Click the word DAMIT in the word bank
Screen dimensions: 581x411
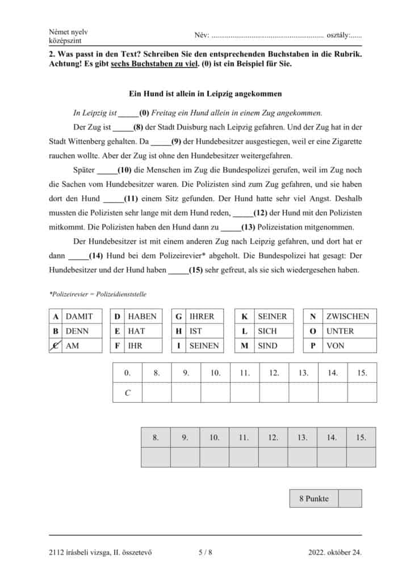79,316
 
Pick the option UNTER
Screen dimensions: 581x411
340,331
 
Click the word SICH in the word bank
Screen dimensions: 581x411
267,331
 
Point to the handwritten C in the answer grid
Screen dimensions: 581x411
128,393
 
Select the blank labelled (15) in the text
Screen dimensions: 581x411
177,270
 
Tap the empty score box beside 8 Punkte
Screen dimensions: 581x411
350,499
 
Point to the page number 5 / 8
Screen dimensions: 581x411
205,551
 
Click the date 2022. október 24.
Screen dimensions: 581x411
335,551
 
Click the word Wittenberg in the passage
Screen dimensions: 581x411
92,141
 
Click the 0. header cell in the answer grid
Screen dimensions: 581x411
128,373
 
